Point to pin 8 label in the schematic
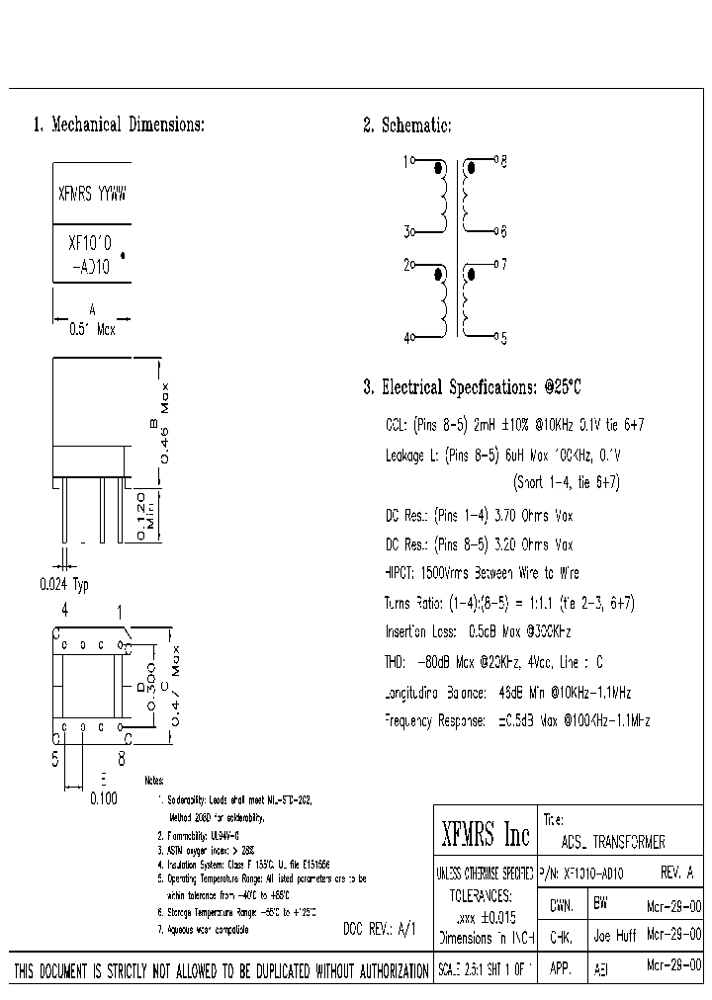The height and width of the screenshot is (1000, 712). coord(502,160)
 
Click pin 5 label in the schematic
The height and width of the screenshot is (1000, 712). coord(502,338)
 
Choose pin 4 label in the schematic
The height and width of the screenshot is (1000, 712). coord(405,337)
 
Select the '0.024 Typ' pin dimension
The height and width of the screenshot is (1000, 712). coord(64,584)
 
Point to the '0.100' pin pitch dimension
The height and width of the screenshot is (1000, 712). coord(104,798)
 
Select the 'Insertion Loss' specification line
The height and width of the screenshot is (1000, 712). coord(478,630)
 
